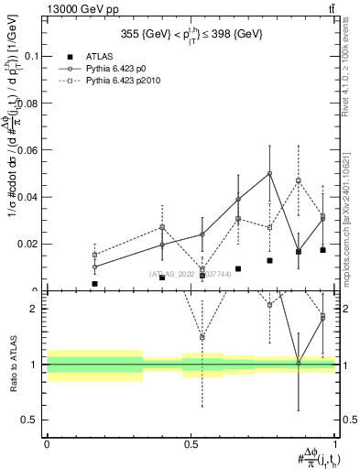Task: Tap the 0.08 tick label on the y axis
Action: [29, 104]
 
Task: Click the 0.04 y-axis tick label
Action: [29, 197]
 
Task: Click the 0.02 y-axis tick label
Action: [29, 245]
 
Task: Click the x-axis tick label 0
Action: [47, 443]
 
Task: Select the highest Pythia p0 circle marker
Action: [269, 173]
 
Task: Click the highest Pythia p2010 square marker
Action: [299, 180]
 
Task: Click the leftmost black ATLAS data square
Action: [94, 284]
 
